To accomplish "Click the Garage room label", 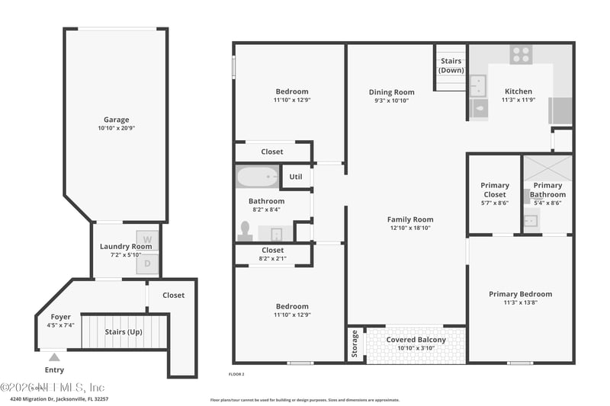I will coord(117,120).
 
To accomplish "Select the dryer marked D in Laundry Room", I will coord(147,264).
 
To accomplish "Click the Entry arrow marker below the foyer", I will coord(54,356).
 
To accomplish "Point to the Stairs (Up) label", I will coord(124,331).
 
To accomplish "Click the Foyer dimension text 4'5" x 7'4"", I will coord(61,326).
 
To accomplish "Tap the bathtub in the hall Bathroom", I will coord(258,177).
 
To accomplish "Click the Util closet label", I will coord(296,177).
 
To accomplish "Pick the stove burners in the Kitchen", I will coord(522,54).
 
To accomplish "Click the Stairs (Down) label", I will coord(451,66).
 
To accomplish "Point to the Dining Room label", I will coord(391,92).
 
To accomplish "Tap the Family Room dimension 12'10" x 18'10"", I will coord(410,228).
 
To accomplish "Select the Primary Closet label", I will coord(495,190).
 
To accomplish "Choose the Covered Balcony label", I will coord(416,340).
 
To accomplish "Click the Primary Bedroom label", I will coord(520,294).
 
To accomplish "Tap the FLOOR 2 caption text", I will coord(236,374).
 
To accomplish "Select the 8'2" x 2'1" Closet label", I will coord(272,254).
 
